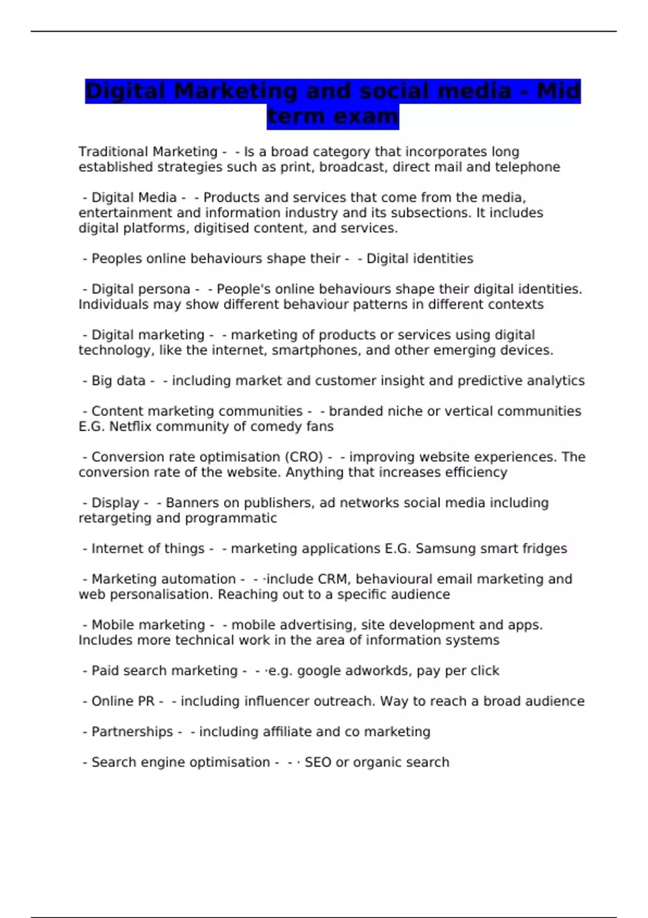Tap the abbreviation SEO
[x=318, y=762]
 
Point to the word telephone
[x=528, y=167]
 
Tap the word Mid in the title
[x=558, y=91]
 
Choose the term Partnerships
[x=132, y=732]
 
